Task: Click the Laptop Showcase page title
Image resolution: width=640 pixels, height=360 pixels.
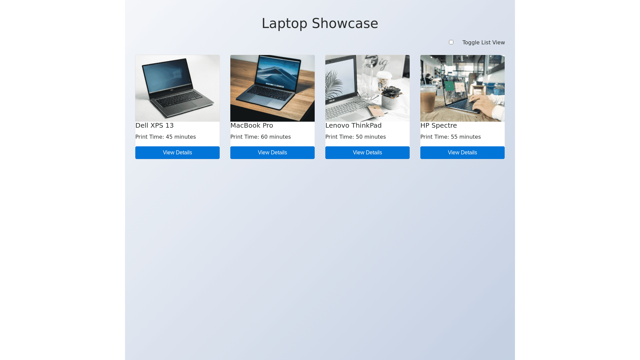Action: [x=320, y=23]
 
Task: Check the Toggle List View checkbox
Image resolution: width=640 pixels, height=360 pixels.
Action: [x=451, y=42]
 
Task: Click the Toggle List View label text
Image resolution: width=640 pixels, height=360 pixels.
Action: [x=483, y=42]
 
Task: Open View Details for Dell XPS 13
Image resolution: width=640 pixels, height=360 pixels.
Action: [x=177, y=153]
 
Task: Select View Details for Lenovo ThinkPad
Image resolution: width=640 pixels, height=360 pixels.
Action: [x=367, y=153]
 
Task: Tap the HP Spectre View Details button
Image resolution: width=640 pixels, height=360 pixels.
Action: [x=462, y=153]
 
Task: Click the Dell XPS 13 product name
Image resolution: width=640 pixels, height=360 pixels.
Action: [x=154, y=125]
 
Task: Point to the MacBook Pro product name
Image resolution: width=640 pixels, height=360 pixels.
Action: [x=252, y=125]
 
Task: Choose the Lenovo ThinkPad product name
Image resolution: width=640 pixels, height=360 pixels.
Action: [x=353, y=125]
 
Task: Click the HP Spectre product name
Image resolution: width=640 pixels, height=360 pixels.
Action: [x=439, y=125]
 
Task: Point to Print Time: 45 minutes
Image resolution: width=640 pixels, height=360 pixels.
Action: [x=166, y=137]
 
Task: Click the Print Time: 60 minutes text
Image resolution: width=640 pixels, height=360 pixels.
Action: [x=261, y=137]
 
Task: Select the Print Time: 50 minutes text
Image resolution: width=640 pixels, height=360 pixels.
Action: [x=356, y=137]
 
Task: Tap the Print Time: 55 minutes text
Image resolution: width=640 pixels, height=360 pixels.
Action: [x=451, y=137]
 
